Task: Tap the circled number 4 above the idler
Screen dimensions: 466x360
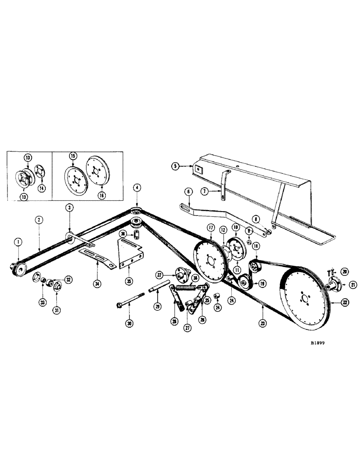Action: pyautogui.click(x=136, y=188)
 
